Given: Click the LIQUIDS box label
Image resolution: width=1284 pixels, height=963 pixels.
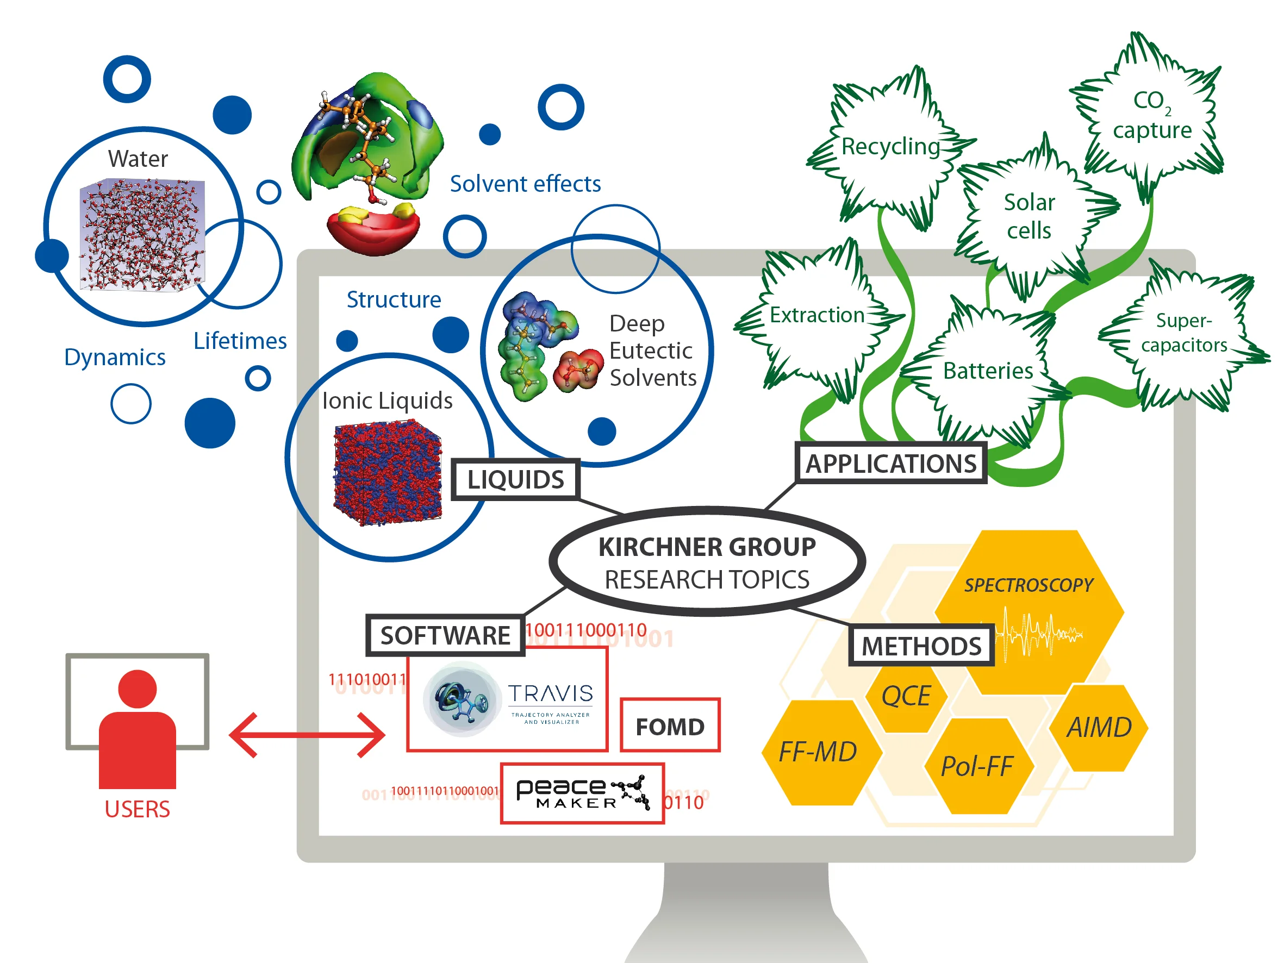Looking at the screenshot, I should click(x=515, y=479).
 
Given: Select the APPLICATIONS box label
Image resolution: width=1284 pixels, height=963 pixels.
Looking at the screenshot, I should click(x=891, y=463).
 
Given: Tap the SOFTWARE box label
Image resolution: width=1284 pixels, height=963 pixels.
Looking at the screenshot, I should click(x=445, y=635).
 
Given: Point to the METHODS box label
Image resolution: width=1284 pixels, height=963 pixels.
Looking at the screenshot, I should click(x=921, y=646).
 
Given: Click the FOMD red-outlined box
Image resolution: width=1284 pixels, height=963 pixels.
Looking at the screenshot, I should click(x=670, y=726).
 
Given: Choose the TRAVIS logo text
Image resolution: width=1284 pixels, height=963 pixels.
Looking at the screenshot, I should click(x=550, y=693).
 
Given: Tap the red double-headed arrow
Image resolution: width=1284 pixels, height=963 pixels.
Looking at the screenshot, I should click(x=307, y=735).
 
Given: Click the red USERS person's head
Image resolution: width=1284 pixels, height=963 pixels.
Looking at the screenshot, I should click(x=138, y=689).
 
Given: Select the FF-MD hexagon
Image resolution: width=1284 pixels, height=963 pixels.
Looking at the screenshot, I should click(x=818, y=752).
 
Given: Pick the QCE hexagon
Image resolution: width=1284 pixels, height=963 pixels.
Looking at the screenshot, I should click(x=906, y=696).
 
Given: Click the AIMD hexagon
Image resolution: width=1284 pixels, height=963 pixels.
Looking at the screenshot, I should click(x=1099, y=727).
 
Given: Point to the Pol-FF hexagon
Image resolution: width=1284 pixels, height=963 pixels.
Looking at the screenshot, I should click(x=977, y=766).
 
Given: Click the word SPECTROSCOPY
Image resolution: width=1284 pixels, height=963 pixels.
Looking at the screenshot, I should click(x=1029, y=585).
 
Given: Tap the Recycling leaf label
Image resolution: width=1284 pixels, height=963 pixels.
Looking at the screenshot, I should click(x=890, y=146).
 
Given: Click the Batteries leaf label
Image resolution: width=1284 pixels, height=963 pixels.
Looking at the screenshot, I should click(x=988, y=370).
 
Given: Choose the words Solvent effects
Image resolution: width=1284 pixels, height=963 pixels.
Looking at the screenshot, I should click(x=525, y=184).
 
